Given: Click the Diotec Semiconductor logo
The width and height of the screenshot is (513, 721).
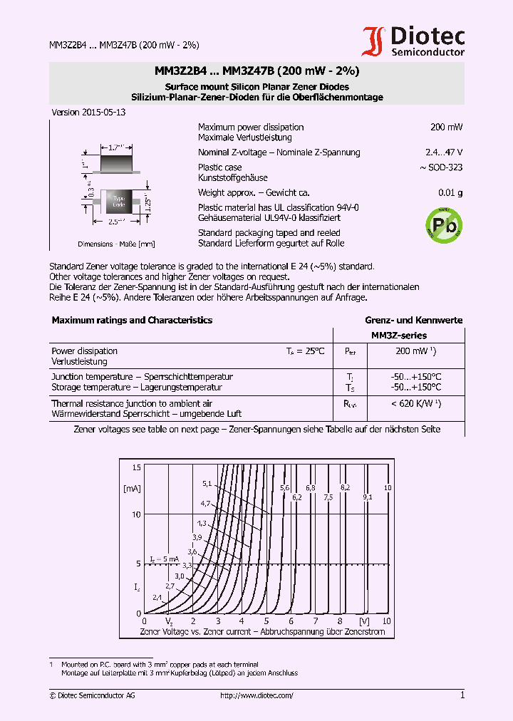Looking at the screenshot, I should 413,41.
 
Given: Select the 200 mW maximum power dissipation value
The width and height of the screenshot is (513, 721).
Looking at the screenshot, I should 446,127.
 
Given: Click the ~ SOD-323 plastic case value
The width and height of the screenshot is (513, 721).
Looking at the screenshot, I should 442,167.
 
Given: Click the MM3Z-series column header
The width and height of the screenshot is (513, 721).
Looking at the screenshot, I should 399,335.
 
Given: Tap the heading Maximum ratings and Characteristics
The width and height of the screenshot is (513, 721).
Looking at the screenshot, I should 132,321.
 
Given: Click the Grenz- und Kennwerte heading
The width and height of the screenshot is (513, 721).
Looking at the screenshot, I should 414,321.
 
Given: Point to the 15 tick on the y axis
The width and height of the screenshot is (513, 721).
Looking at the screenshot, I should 137,467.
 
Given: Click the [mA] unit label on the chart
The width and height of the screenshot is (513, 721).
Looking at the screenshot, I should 133,489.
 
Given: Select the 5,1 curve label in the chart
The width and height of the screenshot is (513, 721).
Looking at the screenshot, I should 207,484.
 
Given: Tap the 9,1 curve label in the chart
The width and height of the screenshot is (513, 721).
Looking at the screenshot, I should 367,497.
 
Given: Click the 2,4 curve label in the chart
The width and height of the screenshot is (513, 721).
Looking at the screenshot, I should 156,597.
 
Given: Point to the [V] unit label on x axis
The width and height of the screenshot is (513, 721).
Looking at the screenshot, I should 364,621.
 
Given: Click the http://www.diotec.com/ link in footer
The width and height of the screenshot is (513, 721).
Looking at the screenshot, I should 256,695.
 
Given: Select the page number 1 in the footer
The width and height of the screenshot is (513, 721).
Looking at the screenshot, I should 462,695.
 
